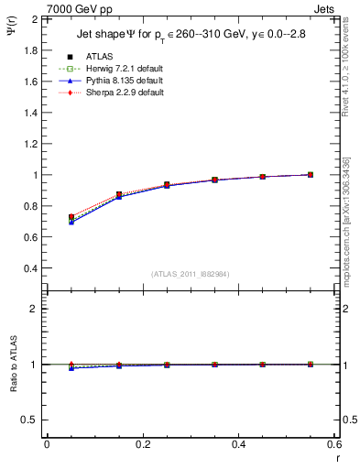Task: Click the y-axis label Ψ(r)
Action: pyautogui.click(x=9, y=32)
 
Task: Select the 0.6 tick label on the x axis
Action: pyautogui.click(x=334, y=444)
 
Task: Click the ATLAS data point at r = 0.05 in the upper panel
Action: pyautogui.click(x=71, y=217)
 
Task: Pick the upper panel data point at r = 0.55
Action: pyautogui.click(x=311, y=174)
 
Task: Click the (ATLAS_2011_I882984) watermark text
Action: pyautogui.click(x=191, y=274)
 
